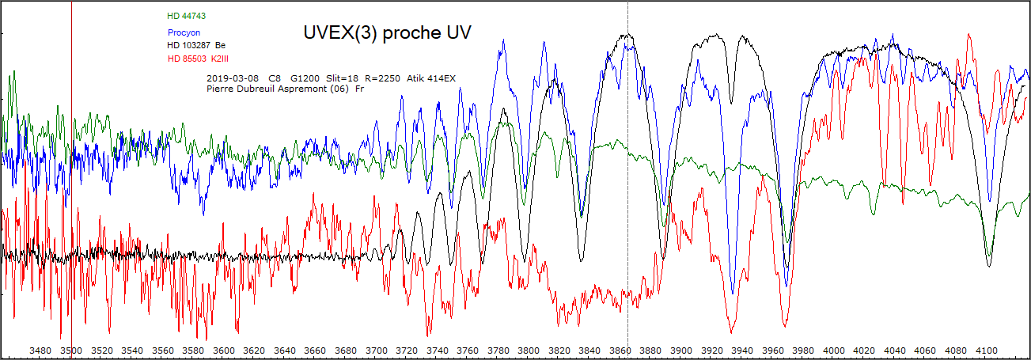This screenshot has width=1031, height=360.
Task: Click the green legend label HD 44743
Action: coord(187,16)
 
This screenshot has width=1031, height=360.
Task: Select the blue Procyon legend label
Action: coord(184,33)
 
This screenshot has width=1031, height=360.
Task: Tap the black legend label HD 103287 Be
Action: coord(196,46)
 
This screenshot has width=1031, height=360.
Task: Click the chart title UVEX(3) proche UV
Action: coord(387,32)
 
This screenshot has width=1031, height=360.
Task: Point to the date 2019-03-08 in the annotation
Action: coord(231,78)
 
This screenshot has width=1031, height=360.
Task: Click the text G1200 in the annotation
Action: coord(305,78)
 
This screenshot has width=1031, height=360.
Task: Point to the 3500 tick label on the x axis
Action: coord(71,351)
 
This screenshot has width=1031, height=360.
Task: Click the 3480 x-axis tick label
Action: coord(41,351)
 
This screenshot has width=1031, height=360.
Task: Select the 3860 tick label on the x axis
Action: coord(620,351)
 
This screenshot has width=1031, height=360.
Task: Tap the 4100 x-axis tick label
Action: coord(987,351)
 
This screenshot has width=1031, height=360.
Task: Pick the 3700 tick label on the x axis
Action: coord(377,351)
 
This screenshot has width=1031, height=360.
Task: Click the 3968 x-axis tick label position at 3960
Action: coord(773,351)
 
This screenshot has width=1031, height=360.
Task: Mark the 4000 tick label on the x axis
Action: coord(834,351)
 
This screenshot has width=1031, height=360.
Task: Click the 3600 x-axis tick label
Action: coord(224,351)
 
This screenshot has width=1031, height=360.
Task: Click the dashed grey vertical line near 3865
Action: coord(627,198)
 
